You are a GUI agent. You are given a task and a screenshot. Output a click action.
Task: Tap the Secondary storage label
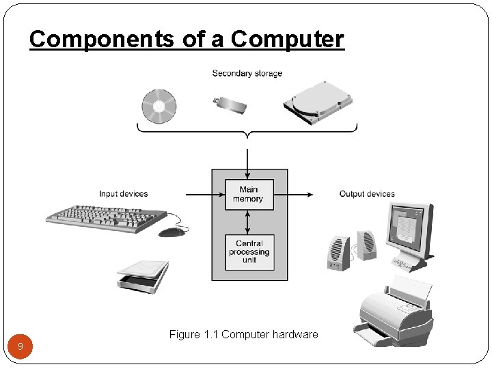click(247, 73)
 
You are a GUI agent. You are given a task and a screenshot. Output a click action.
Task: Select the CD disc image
click(159, 107)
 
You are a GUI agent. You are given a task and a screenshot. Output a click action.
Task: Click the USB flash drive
click(230, 105)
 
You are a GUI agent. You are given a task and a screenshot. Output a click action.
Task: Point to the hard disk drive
click(318, 102)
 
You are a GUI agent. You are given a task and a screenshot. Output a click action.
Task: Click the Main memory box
click(249, 194)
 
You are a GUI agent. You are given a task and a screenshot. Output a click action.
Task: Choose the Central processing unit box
click(249, 251)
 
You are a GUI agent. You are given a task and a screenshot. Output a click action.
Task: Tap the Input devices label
click(123, 194)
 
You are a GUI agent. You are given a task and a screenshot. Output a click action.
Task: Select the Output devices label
click(367, 194)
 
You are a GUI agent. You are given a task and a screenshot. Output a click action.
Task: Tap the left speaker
click(338, 254)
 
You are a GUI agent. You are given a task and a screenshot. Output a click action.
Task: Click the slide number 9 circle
click(20, 346)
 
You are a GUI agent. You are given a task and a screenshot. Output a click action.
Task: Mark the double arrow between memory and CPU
click(249, 222)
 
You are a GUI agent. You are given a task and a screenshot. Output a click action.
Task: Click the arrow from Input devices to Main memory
click(205, 194)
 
